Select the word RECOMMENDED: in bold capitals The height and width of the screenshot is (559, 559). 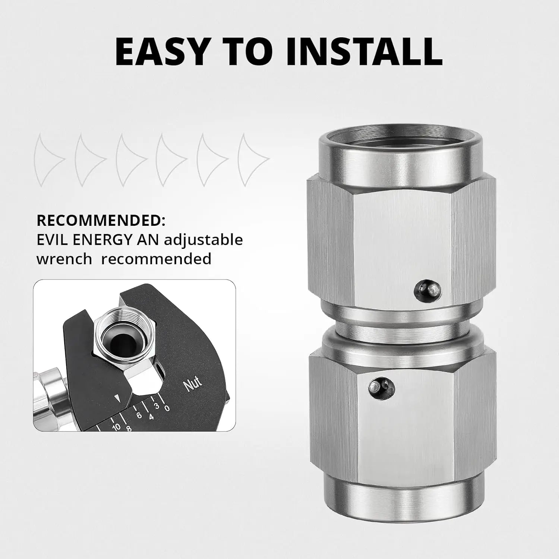click(101, 221)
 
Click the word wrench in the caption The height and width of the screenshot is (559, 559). click(64, 259)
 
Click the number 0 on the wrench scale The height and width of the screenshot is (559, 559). click(167, 408)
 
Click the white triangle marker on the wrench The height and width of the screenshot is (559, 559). click(117, 398)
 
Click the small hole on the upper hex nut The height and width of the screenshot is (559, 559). click(428, 290)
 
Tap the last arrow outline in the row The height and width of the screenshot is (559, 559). click(254, 160)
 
